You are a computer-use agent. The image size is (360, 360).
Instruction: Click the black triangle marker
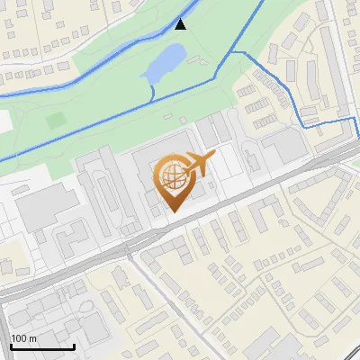click(181, 24)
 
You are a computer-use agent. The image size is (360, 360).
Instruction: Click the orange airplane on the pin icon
click(196, 163)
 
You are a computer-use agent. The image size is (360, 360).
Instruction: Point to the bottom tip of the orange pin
click(173, 211)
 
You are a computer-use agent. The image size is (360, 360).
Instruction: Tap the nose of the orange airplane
click(213, 156)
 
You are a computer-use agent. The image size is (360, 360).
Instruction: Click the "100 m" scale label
click(24, 338)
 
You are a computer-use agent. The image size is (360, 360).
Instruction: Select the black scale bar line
click(42, 346)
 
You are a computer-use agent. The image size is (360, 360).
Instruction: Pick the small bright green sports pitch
click(57, 119)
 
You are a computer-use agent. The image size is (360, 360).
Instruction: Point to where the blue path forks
click(231, 53)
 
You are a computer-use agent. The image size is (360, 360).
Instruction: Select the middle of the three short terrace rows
click(263, 103)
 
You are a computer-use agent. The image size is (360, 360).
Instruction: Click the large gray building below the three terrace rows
click(284, 145)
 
